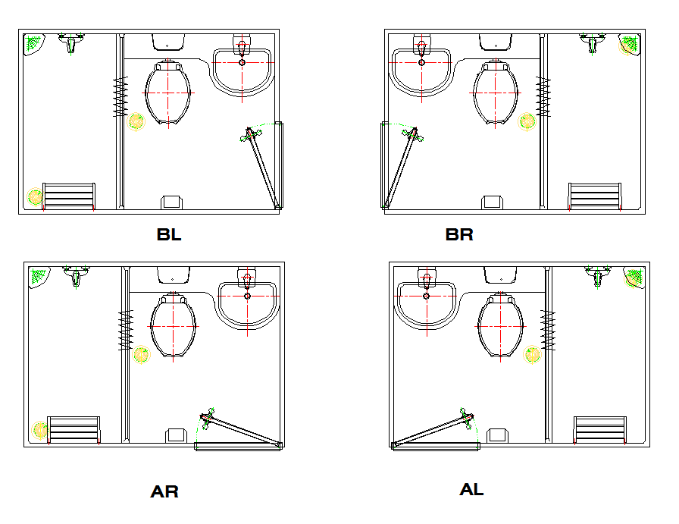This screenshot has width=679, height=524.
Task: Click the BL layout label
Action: click(169, 234)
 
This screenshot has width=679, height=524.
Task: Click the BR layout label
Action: click(459, 234)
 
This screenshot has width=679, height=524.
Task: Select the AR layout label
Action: click(164, 491)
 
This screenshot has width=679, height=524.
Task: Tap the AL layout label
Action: click(471, 490)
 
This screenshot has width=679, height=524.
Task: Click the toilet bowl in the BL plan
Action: click(168, 93)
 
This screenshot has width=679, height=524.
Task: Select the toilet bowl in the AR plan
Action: click(174, 325)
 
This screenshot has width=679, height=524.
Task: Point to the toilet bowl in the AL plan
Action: click(501, 325)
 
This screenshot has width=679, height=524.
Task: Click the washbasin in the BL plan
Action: click(242, 71)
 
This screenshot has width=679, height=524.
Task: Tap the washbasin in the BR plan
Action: click(421, 71)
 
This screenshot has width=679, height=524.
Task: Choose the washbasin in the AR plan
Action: click(248, 304)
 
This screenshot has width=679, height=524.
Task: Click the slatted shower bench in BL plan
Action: click(69, 196)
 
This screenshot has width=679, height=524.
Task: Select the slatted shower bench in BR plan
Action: click(595, 196)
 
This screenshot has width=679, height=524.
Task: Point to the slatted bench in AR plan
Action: click(74, 429)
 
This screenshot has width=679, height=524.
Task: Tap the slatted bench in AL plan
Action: click(599, 429)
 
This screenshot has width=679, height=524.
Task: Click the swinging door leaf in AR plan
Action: click(242, 429)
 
